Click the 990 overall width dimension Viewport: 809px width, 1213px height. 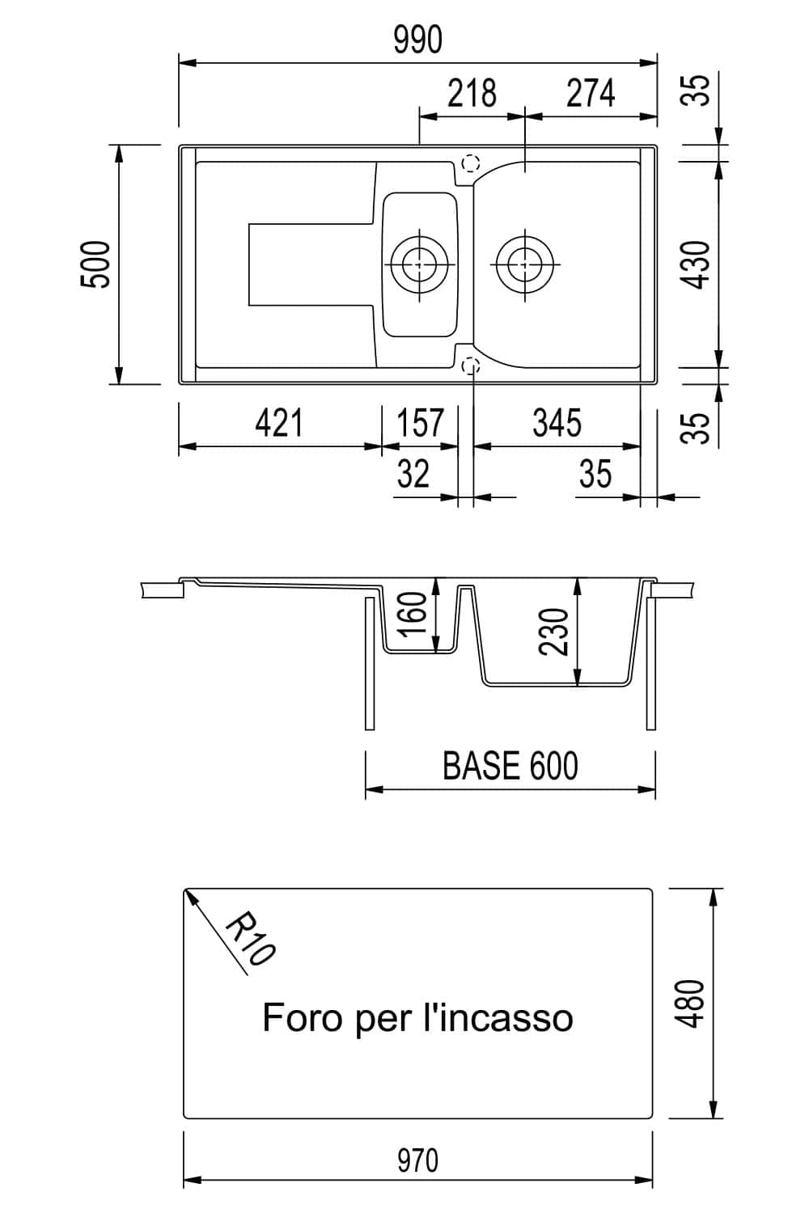[x=417, y=40]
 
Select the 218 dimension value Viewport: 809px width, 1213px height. [x=472, y=94]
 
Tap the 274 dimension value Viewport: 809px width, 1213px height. [x=591, y=94]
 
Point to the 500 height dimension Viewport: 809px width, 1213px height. [x=96, y=264]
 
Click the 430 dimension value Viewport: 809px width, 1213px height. [x=697, y=264]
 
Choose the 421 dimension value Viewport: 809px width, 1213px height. [x=279, y=423]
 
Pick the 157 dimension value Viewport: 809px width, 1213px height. [x=421, y=423]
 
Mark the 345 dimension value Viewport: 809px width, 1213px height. [x=557, y=423]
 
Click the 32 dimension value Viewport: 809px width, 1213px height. [x=413, y=474]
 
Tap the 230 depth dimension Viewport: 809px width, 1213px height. [x=557, y=632]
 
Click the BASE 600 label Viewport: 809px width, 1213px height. [x=510, y=766]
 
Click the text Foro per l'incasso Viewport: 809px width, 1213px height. [x=417, y=1017]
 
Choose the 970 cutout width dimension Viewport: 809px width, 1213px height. [x=417, y=1161]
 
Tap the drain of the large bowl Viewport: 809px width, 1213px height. [x=525, y=263]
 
